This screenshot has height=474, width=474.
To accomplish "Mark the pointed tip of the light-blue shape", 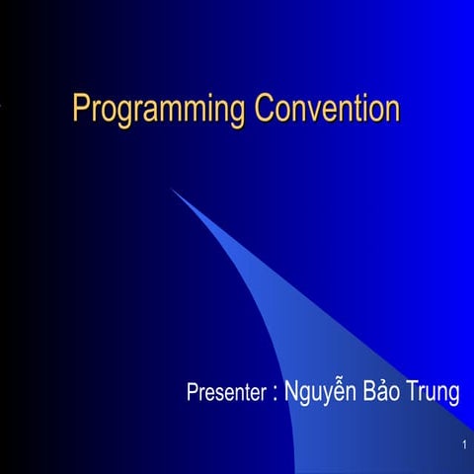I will (172, 189).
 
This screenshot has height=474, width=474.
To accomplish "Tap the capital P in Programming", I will (82, 108).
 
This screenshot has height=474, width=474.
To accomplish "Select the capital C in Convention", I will (265, 108).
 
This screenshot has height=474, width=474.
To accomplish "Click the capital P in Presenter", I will (193, 392).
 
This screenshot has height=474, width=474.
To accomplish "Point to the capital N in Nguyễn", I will (291, 391).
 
